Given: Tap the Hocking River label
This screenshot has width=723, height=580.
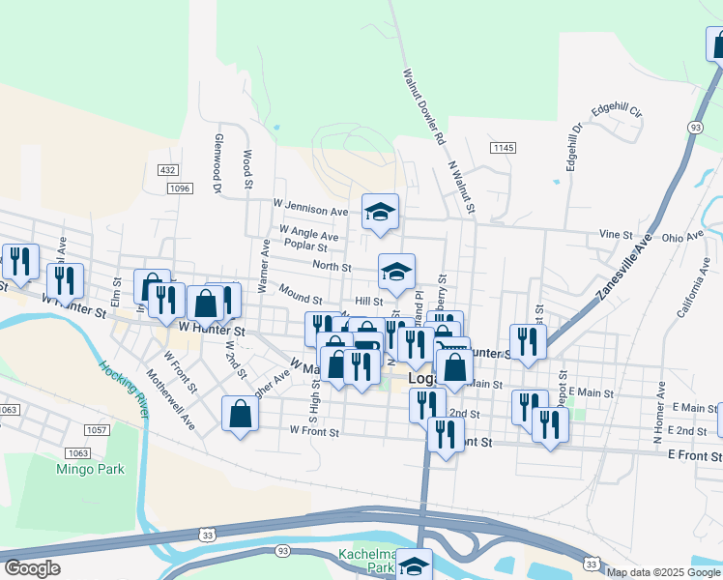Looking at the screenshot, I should click(124, 387).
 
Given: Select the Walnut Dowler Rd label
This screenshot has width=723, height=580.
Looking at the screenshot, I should click(424, 106).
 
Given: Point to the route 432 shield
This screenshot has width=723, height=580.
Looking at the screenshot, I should click(168, 169).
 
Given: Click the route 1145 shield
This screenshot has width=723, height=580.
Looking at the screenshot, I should click(503, 147).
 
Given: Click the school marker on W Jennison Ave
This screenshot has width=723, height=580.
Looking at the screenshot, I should click(381, 213).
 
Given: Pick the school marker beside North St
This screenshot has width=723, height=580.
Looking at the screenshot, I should click(396, 274).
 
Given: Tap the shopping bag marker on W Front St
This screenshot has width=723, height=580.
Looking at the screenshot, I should click(240, 415).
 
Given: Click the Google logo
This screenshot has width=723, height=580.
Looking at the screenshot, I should click(32, 568).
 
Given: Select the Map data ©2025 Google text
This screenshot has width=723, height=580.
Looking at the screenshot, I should click(664, 572).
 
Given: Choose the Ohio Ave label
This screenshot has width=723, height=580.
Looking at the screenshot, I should click(682, 237).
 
